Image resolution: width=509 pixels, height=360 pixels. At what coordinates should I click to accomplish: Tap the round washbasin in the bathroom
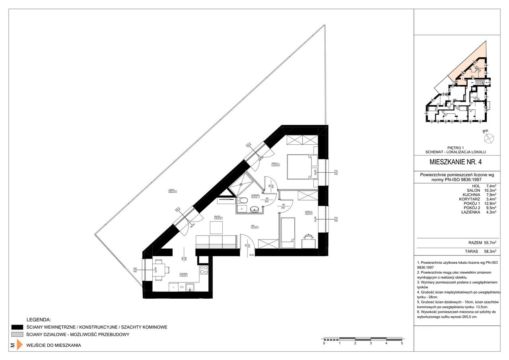254,208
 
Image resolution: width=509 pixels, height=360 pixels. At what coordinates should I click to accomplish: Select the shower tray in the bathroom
243,183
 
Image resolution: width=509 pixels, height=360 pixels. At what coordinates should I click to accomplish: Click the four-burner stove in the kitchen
204,270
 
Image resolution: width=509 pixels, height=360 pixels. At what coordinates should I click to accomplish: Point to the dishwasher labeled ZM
181,287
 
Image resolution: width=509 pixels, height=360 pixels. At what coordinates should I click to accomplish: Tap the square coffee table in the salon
218,227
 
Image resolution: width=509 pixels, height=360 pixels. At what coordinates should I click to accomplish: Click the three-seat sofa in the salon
216,242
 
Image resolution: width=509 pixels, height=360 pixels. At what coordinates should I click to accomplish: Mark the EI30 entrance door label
252,255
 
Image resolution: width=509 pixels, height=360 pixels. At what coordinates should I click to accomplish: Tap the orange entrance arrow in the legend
19,344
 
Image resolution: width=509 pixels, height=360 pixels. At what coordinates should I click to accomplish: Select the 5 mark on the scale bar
402,343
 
